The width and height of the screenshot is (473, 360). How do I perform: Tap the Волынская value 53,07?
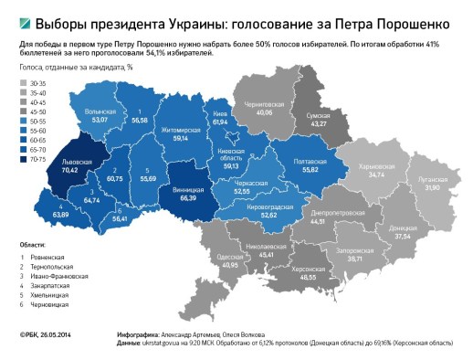100,120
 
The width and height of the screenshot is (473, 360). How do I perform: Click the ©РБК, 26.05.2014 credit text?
46,336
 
